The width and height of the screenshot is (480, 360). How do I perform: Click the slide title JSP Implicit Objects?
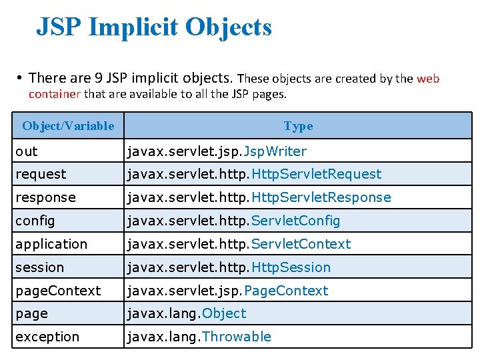coord(154,28)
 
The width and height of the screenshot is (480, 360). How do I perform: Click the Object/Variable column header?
coord(68,125)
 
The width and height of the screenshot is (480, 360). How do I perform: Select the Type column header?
coord(298,125)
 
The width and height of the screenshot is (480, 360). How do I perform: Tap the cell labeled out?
coord(27,151)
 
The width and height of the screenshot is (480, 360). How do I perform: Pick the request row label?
coord(41,174)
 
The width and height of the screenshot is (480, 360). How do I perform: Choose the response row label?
coord(45,197)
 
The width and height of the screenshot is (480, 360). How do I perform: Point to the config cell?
coord(35,221)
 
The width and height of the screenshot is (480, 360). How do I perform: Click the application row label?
coord(51,244)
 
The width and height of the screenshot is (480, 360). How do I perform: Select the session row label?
coord(40,267)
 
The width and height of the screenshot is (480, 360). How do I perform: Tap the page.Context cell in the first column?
coord(58,291)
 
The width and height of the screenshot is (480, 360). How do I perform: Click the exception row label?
coord(47,337)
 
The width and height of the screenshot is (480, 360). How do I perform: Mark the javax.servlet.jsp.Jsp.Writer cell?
coord(217,151)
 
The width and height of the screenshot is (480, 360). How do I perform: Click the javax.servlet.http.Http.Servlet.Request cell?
coord(255,174)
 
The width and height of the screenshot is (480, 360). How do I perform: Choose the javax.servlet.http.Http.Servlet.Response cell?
coord(259,197)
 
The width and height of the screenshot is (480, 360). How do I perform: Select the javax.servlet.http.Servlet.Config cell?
coord(234,221)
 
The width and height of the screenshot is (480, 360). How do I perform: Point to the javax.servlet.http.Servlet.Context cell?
coord(239,244)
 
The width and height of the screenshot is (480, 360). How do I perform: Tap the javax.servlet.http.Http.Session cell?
coord(229,267)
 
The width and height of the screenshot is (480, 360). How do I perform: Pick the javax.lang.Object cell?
coord(187,313)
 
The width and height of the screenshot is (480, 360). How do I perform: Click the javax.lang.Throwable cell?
coord(199,337)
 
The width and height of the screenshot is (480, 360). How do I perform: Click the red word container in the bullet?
coord(54,94)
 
